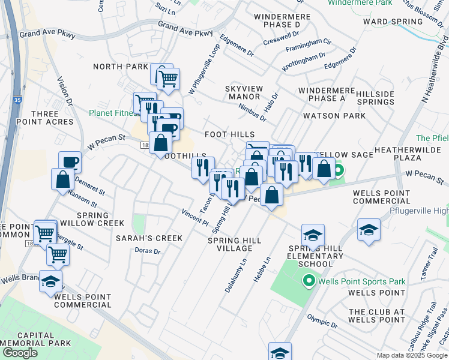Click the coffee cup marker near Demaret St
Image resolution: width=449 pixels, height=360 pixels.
(70, 161)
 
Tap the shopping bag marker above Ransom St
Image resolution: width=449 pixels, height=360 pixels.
(62, 179)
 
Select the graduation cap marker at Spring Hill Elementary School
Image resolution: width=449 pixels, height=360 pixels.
(313, 235)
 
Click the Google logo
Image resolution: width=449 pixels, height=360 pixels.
(20, 353)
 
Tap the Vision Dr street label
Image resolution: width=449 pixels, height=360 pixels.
(65, 91)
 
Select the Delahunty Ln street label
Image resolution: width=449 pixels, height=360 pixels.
(236, 275)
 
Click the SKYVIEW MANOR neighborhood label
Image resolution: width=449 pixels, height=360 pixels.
(244, 92)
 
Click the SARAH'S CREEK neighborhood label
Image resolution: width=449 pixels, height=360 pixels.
(149, 238)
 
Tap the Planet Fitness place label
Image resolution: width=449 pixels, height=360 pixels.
(111, 112)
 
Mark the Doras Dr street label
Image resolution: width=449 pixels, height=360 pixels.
(147, 251)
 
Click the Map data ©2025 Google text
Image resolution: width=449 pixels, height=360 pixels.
(411, 355)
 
